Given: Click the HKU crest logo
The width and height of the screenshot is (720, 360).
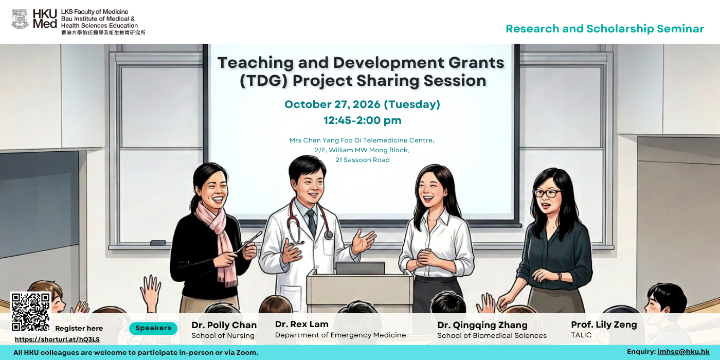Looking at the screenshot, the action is point(20,19).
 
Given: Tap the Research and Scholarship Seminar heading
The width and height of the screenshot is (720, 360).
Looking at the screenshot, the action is point(605,29).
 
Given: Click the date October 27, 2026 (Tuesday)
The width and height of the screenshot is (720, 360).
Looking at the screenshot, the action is point(362,104).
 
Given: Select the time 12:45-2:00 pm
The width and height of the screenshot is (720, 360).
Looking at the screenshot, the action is point(362,120).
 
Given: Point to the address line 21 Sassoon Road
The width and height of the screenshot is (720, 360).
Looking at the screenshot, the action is point(362,160).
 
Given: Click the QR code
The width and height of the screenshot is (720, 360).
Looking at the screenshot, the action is point(30,312).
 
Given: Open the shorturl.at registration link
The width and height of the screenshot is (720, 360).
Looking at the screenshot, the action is point(57,339).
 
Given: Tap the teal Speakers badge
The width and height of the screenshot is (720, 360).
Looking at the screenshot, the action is point(153,328).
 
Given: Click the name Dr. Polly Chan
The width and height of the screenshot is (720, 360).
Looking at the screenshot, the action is point(224,325).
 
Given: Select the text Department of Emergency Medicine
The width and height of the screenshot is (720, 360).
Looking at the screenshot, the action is point(340,335).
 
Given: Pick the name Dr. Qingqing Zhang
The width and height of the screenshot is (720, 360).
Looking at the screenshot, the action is point(482,325).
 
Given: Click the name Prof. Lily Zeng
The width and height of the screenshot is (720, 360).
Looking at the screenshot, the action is point(604,325).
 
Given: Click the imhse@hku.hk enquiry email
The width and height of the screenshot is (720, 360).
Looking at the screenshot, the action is point(683,352).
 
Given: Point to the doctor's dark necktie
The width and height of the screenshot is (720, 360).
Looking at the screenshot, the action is point(312,222).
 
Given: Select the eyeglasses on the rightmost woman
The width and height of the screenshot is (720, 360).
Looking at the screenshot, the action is point(547,193).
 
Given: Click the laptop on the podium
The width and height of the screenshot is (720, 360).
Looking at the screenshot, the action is point(360,268).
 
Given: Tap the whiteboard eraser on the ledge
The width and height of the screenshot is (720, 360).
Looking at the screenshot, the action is point(158,243).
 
